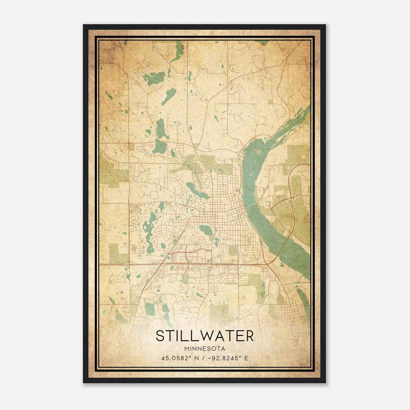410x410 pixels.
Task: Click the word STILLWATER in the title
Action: point(204,336)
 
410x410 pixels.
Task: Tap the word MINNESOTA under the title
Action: point(204,349)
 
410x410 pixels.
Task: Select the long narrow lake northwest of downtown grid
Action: point(197,191)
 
